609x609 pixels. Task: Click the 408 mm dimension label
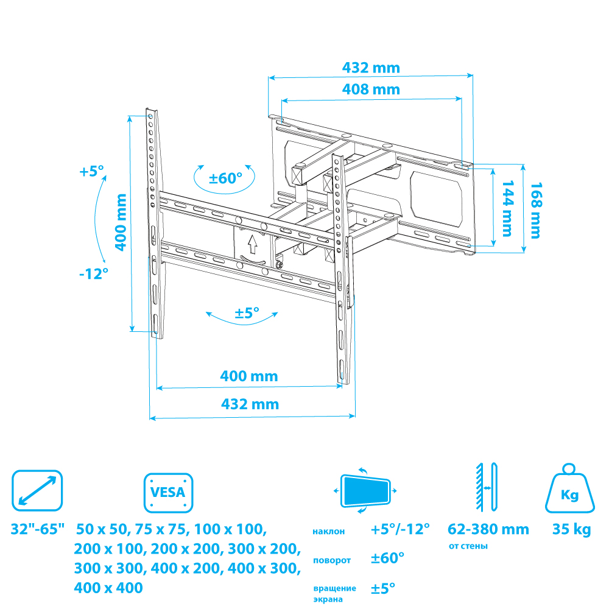pos(371,90)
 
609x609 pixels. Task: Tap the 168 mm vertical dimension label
pos(536,210)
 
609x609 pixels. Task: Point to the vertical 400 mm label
pos(121,222)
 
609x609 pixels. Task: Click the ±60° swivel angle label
pos(225,178)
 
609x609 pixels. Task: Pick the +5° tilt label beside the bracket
pos(91,171)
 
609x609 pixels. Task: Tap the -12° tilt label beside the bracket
pos(94,274)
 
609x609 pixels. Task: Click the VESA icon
pos(169,493)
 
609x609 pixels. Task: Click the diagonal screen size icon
pos(37,490)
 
